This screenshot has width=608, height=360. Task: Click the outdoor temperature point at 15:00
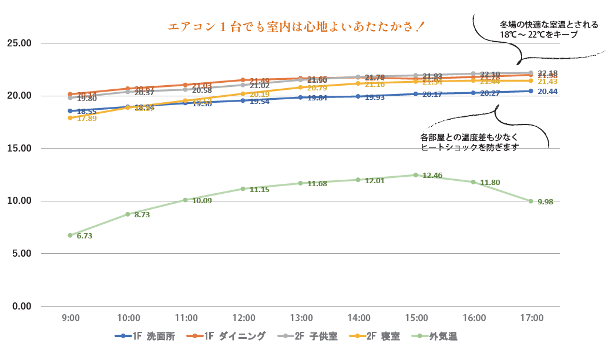coord(415,175)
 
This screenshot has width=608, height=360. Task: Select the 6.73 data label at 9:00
coord(85,236)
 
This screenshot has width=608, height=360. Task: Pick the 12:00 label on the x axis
coord(243,318)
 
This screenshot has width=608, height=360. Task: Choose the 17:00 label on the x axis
coord(531,318)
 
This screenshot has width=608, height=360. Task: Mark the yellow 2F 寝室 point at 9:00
coord(70,118)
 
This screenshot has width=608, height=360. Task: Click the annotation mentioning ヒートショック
coord(470,143)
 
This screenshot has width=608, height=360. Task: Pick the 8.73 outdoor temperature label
coord(142,216)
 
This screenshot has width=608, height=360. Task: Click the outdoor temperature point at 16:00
coord(473,182)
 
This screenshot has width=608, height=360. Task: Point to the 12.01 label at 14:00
coord(375,181)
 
